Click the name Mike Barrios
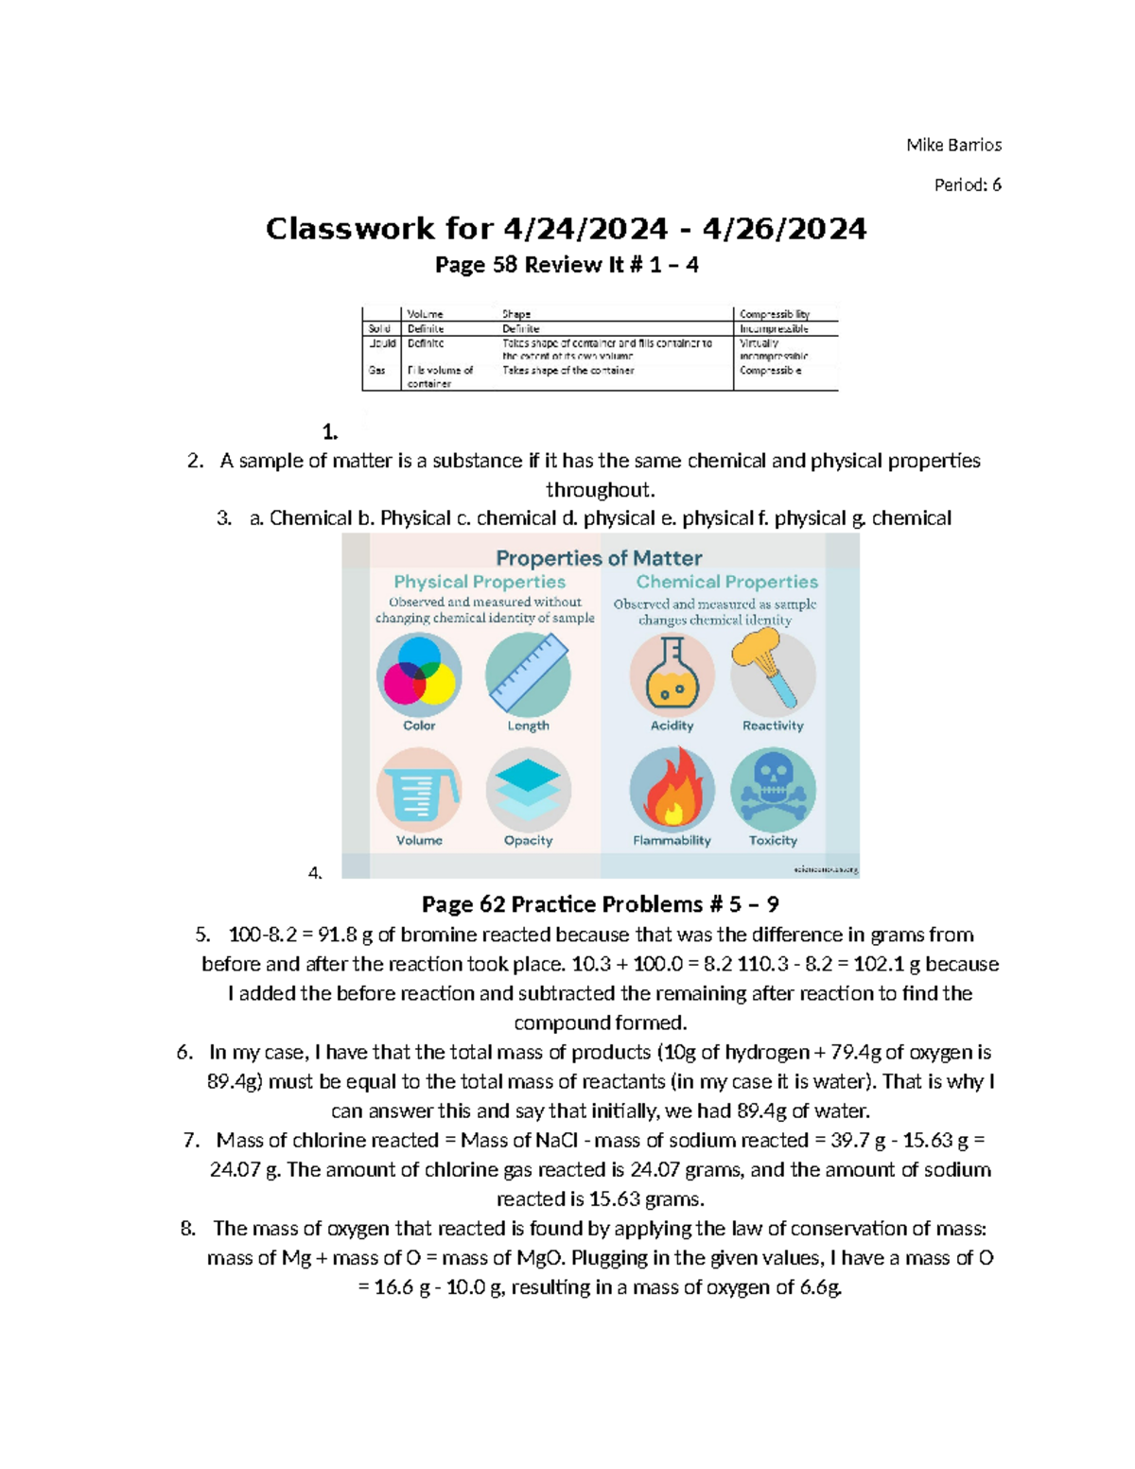coord(953,145)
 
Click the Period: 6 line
coord(967,185)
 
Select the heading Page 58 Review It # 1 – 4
coord(567,265)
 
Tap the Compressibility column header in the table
coord(774,314)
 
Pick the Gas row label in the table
coord(377,371)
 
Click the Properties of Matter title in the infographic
coord(599,558)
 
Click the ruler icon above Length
coord(528,674)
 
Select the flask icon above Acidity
coord(672,674)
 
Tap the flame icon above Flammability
coord(672,790)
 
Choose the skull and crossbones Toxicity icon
coord(773,790)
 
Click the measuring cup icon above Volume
coord(419,790)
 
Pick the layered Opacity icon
coord(528,790)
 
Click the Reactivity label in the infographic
coord(773,726)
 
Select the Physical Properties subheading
coord(480,582)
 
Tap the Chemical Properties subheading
coord(726,582)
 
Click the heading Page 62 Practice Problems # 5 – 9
coord(600,904)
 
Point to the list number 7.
coord(191,1140)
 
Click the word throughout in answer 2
coord(600,490)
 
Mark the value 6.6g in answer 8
coord(819,1287)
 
